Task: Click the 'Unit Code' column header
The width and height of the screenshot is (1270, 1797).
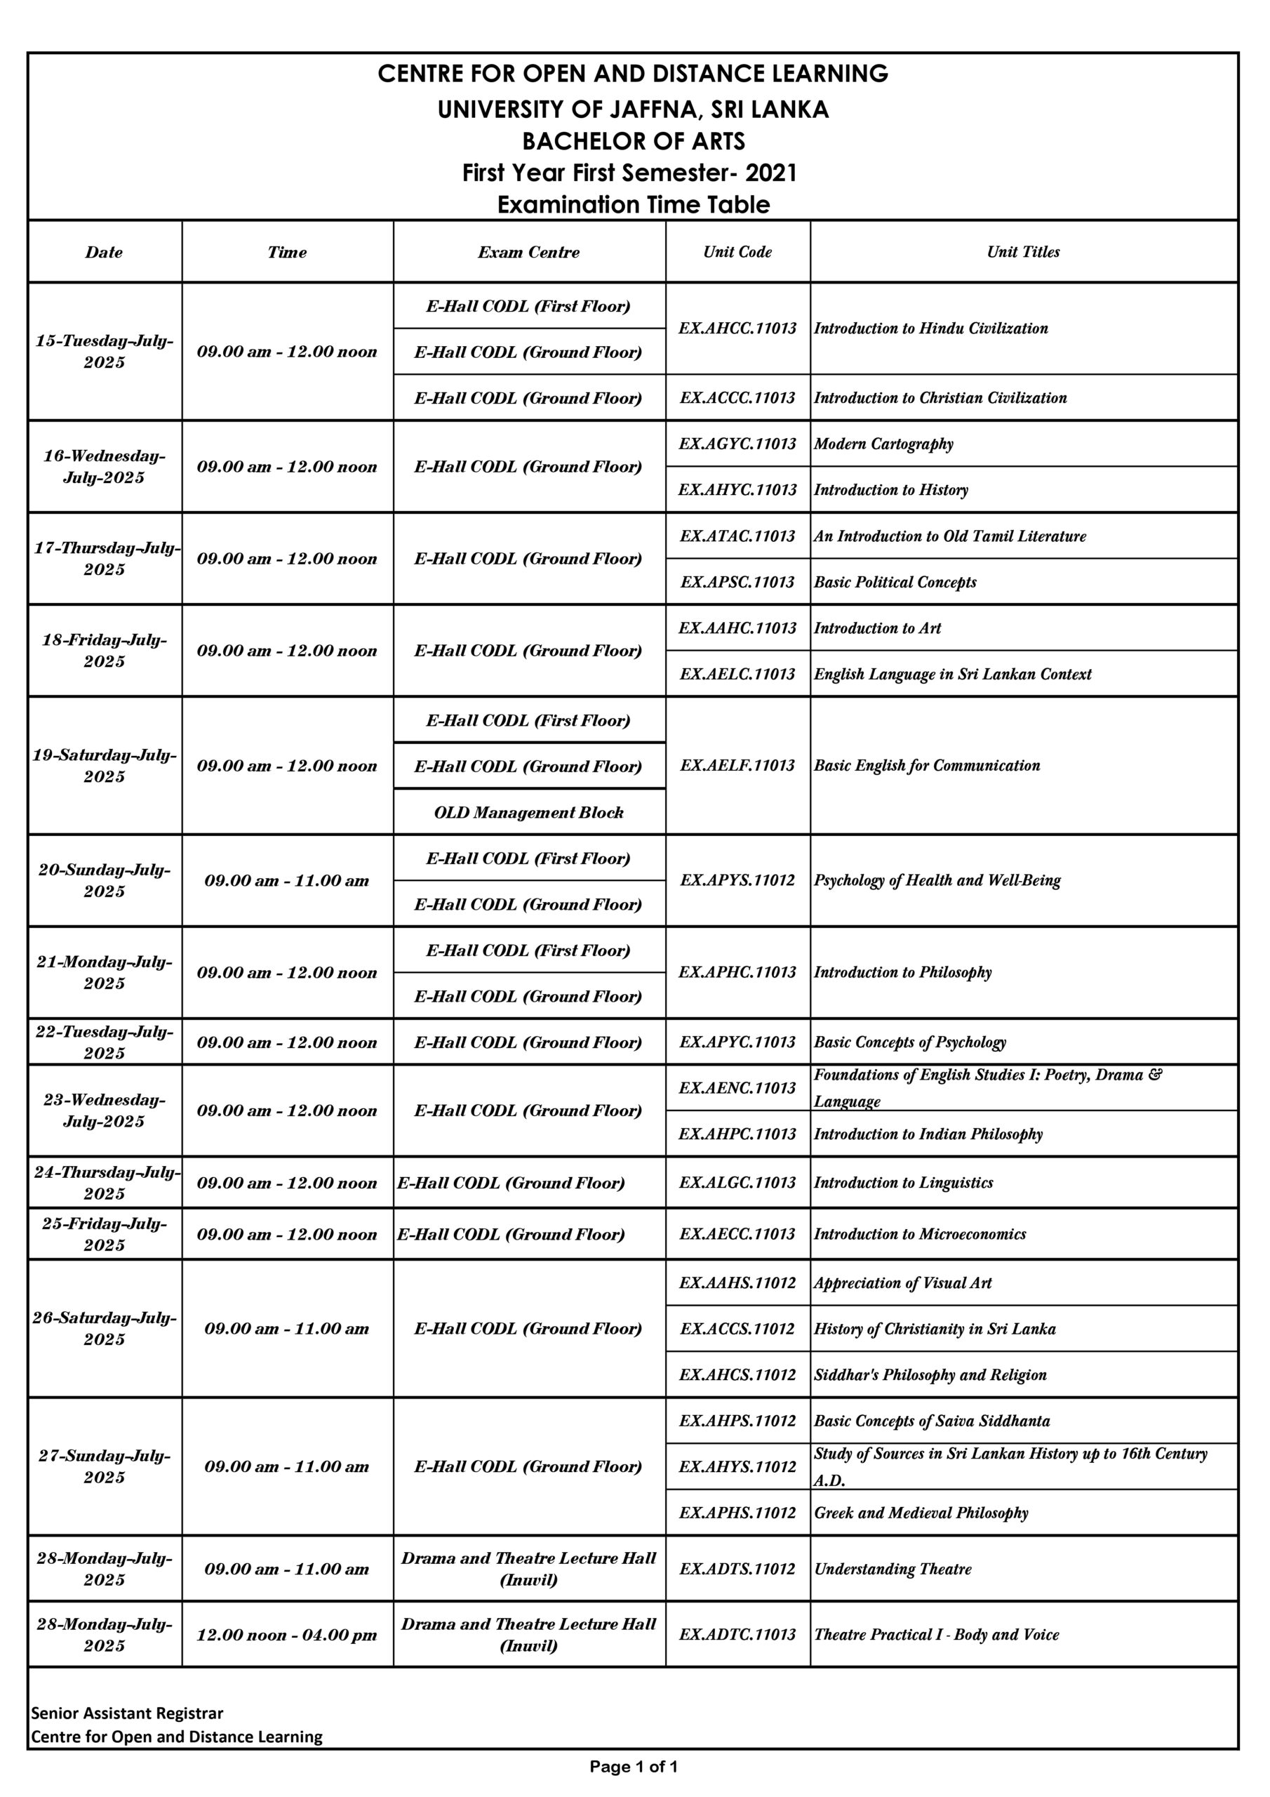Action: point(737,251)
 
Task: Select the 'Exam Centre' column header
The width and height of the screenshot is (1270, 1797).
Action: point(529,252)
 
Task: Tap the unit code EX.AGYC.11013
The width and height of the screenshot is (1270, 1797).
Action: point(737,444)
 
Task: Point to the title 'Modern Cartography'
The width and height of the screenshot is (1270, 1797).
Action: point(883,444)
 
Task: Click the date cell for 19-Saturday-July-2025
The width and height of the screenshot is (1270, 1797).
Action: point(104,765)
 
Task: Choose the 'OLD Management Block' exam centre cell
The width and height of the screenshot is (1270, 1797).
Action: point(529,812)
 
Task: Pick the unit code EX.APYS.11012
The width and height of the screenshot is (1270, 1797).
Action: point(737,880)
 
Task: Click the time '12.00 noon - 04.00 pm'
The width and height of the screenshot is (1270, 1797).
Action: point(286,1635)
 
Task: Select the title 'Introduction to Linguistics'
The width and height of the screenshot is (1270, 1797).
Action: point(903,1183)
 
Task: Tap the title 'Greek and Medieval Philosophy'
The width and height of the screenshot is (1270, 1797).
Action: point(921,1513)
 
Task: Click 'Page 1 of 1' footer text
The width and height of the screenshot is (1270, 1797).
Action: point(634,1767)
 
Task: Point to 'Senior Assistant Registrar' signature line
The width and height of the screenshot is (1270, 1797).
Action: point(128,1713)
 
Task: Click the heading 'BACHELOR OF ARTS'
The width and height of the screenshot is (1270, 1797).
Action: point(634,142)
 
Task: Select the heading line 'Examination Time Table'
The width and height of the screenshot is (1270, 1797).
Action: point(634,205)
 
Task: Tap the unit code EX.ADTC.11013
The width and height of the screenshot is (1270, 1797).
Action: point(737,1634)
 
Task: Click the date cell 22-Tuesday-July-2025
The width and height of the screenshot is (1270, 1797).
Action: point(104,1042)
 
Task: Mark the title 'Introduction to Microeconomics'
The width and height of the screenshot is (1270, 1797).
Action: point(919,1234)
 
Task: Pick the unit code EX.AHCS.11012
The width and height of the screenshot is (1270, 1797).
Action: point(737,1374)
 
